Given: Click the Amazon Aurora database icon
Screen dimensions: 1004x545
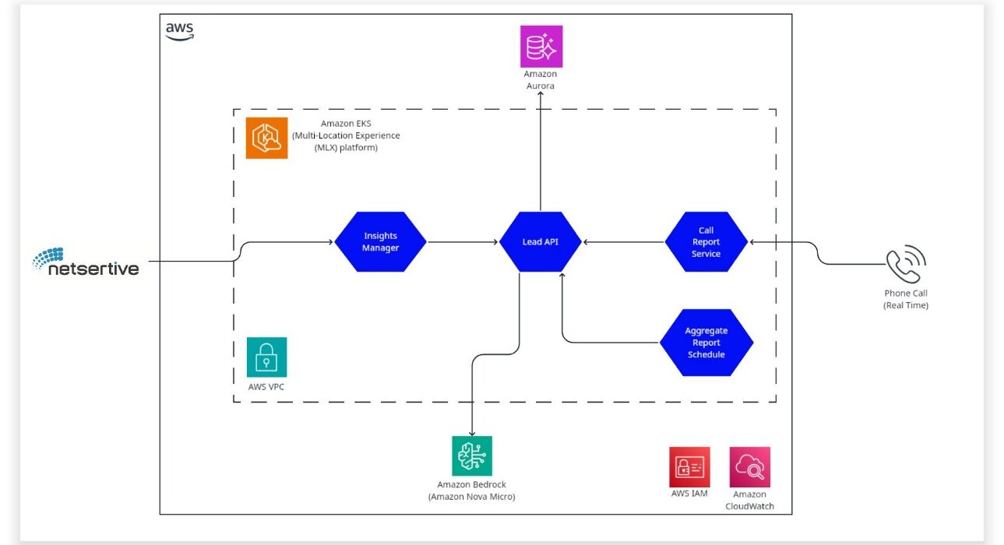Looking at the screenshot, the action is (541, 46).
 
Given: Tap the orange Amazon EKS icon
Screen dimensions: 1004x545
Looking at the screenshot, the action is (266, 138).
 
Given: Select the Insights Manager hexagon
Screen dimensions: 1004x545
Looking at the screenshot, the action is (380, 241).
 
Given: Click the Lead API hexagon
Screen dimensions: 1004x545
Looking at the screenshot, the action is (540, 241).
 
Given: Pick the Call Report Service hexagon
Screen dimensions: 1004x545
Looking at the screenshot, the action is (706, 241).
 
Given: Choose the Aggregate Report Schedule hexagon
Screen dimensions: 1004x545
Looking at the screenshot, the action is (706, 343).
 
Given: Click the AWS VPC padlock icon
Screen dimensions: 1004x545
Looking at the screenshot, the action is (266, 357).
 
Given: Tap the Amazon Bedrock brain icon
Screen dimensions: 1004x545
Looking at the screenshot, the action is (472, 455).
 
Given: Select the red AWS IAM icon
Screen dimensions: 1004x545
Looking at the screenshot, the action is (689, 466).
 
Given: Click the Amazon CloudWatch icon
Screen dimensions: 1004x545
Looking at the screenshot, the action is (750, 466).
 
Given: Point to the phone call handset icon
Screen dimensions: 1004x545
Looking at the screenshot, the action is (905, 265).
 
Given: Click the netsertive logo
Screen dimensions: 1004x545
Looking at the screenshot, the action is (86, 262).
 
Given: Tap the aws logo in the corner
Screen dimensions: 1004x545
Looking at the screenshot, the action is (180, 31).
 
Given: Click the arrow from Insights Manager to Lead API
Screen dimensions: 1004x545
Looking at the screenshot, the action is (463, 242).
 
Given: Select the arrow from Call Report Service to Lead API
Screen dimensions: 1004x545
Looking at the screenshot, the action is (623, 242).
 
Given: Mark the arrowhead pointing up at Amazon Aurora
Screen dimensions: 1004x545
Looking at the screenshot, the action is (540, 93).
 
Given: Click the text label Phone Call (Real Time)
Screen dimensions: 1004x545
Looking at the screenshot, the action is (906, 299).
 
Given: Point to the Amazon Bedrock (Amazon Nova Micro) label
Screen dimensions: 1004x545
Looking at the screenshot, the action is (471, 490).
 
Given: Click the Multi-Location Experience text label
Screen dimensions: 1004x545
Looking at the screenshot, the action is (346, 135).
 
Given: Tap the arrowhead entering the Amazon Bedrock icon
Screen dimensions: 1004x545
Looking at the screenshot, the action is (472, 433).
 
